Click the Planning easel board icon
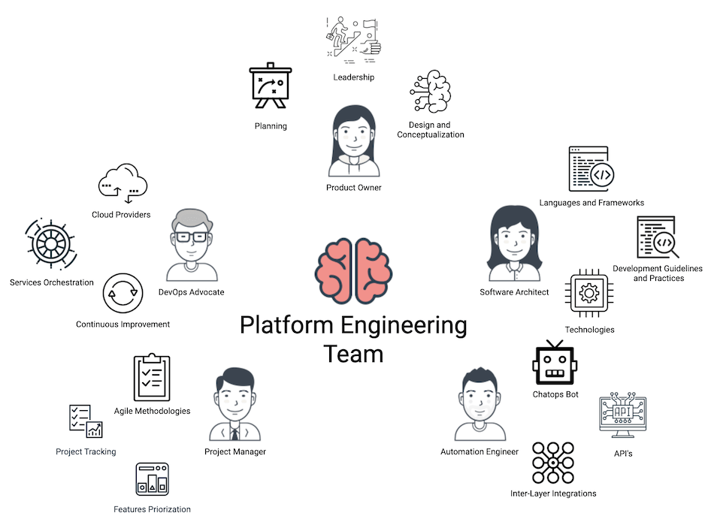(270, 87)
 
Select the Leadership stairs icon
(353, 36)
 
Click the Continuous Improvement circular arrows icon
(123, 294)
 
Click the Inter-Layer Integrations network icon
(553, 463)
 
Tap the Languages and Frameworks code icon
(591, 170)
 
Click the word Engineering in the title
(403, 326)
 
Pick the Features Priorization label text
(152, 509)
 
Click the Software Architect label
(514, 292)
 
